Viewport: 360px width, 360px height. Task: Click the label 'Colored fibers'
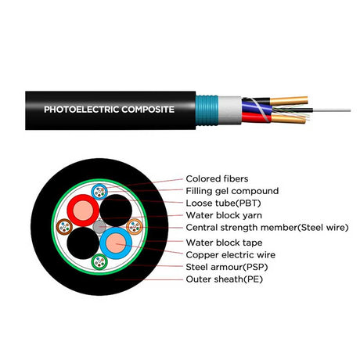(x=217, y=178)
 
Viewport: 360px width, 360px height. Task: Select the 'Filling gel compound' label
(x=232, y=191)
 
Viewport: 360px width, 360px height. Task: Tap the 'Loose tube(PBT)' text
(x=223, y=203)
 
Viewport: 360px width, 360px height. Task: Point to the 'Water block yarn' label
(x=224, y=215)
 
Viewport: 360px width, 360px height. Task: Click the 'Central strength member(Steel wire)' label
(x=267, y=228)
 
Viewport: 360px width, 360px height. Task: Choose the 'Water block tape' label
(x=224, y=243)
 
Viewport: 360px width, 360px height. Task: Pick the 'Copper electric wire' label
(x=231, y=254)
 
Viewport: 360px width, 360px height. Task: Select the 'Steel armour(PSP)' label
(x=227, y=267)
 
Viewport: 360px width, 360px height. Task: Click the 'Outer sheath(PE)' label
(x=224, y=279)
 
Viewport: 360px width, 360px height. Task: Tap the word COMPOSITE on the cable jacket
(x=148, y=110)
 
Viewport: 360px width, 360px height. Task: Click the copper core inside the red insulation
(x=83, y=211)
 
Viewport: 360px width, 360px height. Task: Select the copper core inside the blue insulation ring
(x=116, y=243)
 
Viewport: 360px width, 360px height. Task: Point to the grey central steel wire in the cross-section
(x=99, y=227)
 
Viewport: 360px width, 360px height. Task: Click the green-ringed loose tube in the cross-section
(x=99, y=261)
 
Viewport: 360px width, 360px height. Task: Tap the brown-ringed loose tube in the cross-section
(x=65, y=227)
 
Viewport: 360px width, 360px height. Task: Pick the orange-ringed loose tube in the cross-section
(x=135, y=227)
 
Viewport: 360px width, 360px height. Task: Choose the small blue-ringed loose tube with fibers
(x=99, y=192)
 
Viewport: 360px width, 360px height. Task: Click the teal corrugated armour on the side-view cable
(x=207, y=110)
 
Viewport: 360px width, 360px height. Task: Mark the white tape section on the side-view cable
(x=230, y=110)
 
